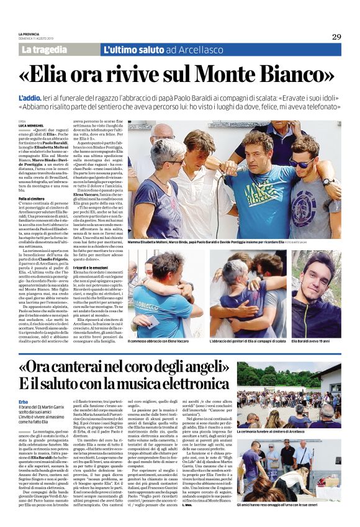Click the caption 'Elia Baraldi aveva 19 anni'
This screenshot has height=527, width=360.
316,341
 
